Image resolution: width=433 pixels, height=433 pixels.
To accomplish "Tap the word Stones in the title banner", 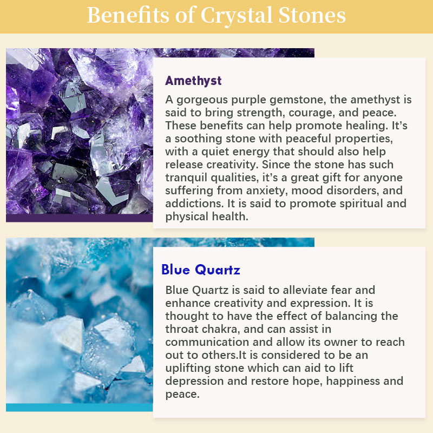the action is (x=312, y=15).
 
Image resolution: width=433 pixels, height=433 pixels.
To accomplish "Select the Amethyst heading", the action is (x=193, y=81).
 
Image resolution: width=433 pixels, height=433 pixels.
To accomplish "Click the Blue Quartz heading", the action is (x=201, y=270).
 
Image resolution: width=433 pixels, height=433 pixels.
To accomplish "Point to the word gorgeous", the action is (x=202, y=100).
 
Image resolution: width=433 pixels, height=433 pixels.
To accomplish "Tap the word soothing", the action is (x=198, y=139).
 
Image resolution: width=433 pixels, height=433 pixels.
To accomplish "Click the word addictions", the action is (x=195, y=204).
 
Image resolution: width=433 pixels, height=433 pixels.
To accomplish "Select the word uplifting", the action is (x=188, y=369).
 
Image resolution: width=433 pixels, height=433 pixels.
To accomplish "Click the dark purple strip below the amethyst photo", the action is (x=79, y=218).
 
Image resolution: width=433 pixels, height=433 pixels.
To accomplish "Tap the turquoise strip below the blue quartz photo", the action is (x=79, y=408).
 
